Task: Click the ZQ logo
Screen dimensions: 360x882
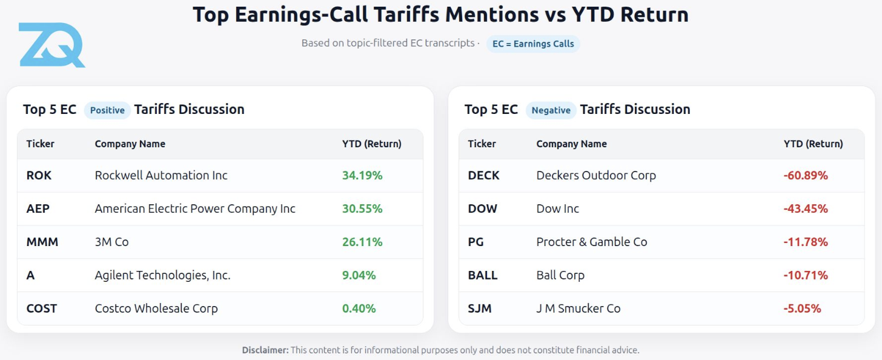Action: tap(51, 45)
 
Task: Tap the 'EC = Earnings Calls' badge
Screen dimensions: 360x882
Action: tap(533, 44)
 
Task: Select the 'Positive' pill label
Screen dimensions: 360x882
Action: tap(107, 110)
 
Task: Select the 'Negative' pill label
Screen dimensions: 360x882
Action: tap(551, 110)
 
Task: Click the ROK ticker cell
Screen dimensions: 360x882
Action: tap(39, 176)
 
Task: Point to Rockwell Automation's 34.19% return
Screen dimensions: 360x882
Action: tap(362, 176)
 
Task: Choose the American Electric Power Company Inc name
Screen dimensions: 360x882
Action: tap(195, 209)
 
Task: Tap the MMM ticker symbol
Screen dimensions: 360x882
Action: tap(42, 242)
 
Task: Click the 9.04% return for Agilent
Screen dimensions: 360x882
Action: tap(359, 276)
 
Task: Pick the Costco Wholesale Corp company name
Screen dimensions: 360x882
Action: tap(156, 308)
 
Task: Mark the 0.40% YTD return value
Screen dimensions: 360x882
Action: tap(359, 308)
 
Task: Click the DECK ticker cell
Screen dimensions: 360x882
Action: tap(483, 176)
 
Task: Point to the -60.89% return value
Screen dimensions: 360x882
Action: tap(805, 176)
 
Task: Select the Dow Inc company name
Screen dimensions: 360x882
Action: tap(557, 209)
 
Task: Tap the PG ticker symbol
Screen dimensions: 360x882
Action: tap(476, 242)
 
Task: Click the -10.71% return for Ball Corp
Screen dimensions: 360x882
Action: tap(805, 276)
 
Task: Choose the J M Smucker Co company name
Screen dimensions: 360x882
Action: tap(578, 308)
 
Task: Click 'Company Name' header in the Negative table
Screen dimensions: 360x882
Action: tap(571, 144)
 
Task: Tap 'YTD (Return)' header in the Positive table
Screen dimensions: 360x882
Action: tap(371, 144)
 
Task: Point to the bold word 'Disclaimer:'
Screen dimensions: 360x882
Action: tap(265, 350)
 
